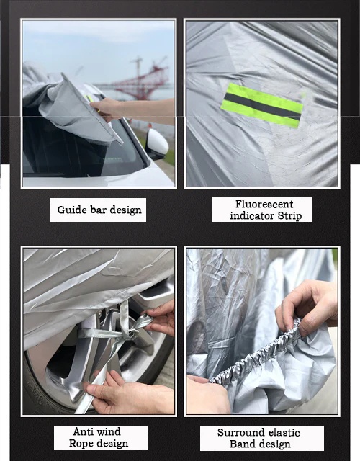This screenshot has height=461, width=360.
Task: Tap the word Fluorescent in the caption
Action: point(264,204)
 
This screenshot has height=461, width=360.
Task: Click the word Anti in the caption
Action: point(81,431)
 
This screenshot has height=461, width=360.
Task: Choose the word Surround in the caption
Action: point(237,433)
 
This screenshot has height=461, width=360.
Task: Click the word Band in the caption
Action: point(241,444)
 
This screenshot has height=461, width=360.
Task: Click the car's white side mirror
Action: point(158,143)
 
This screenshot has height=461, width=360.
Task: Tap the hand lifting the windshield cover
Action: point(109,109)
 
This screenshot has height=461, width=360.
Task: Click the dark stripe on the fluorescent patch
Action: point(262,107)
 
